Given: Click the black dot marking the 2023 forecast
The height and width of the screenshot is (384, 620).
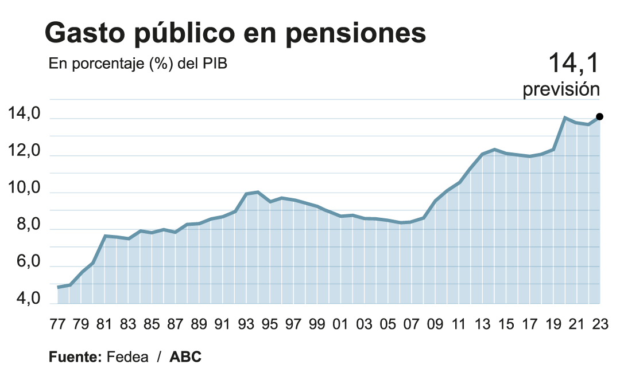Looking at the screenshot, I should point(599,116).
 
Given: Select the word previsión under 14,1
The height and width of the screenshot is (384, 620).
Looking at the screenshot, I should point(561,90).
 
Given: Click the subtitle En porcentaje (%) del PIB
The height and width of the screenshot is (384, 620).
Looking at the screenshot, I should point(138,64).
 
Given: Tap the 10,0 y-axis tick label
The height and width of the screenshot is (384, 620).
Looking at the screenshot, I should point(24,189).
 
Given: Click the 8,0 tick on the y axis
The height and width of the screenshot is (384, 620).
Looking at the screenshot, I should point(24,226).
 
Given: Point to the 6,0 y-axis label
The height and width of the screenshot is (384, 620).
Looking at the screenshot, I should point(24,262).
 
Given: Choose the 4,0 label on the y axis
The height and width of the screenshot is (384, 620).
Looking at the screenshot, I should point(24,299).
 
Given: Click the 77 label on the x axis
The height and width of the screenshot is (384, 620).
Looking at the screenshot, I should point(57,324).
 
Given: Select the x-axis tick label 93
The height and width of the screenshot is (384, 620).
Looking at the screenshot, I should point(246,324).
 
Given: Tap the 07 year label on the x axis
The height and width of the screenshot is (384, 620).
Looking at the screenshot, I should point(411,324).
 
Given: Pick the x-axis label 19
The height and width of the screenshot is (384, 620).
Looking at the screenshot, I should point(553,324).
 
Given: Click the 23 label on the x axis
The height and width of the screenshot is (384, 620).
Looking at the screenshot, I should point(599,324).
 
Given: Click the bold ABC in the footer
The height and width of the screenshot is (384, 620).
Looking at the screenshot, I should point(185,356).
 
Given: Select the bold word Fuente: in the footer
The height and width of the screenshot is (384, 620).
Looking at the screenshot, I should point(75,356).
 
